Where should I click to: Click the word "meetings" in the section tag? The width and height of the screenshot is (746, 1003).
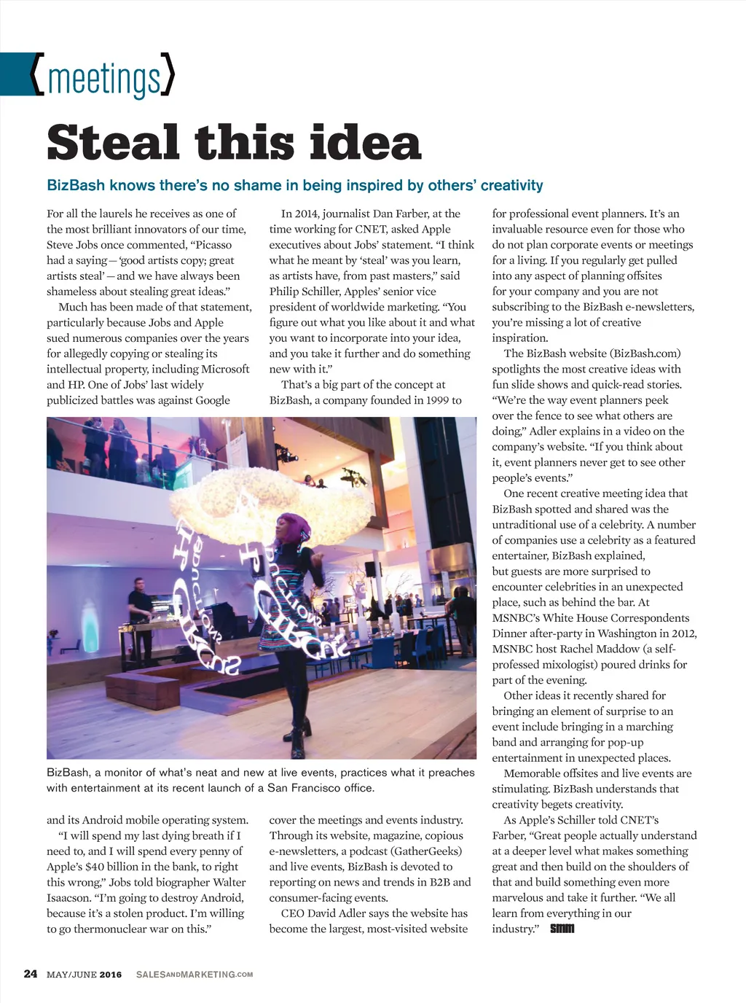(103, 79)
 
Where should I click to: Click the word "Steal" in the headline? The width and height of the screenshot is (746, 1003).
(113, 143)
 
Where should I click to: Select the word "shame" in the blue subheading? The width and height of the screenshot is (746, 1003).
(254, 185)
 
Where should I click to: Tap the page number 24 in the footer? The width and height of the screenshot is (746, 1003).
(31, 974)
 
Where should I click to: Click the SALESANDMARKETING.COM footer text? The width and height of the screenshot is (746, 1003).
(195, 975)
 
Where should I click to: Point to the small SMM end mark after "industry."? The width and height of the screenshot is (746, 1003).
(562, 929)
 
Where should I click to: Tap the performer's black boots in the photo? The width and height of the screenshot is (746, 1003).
(299, 718)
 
